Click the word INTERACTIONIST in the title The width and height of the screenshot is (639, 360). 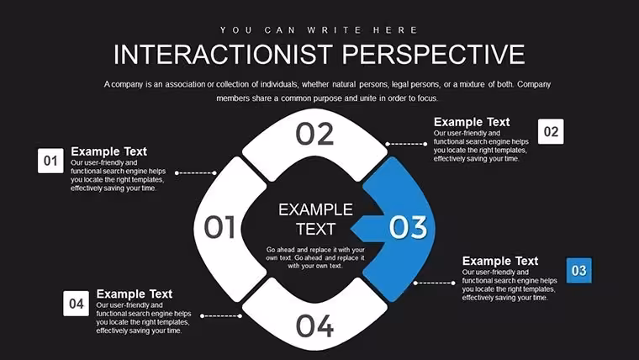coord(224,54)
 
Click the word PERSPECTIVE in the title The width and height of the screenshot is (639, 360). coord(433,54)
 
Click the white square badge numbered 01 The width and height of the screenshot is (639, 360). coord(50,161)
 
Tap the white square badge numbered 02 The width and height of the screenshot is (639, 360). coord(551,131)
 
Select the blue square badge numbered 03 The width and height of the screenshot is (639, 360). coord(579,270)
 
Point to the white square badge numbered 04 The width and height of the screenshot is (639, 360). coord(77,304)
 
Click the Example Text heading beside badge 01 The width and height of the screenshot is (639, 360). coord(108,151)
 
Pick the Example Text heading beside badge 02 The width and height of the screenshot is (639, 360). coord(472,122)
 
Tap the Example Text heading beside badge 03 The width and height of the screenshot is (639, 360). coord(500,261)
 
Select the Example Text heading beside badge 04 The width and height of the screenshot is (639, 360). coord(134,294)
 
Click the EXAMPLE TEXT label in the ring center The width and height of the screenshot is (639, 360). coord(316,220)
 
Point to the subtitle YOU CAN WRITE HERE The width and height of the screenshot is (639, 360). coord(319,30)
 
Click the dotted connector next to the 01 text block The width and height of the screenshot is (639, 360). coord(196,173)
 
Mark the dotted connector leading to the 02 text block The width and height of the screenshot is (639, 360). coord(406,144)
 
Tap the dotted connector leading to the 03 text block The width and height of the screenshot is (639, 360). coord(435,283)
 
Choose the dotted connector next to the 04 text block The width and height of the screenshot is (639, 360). coord(221,316)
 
